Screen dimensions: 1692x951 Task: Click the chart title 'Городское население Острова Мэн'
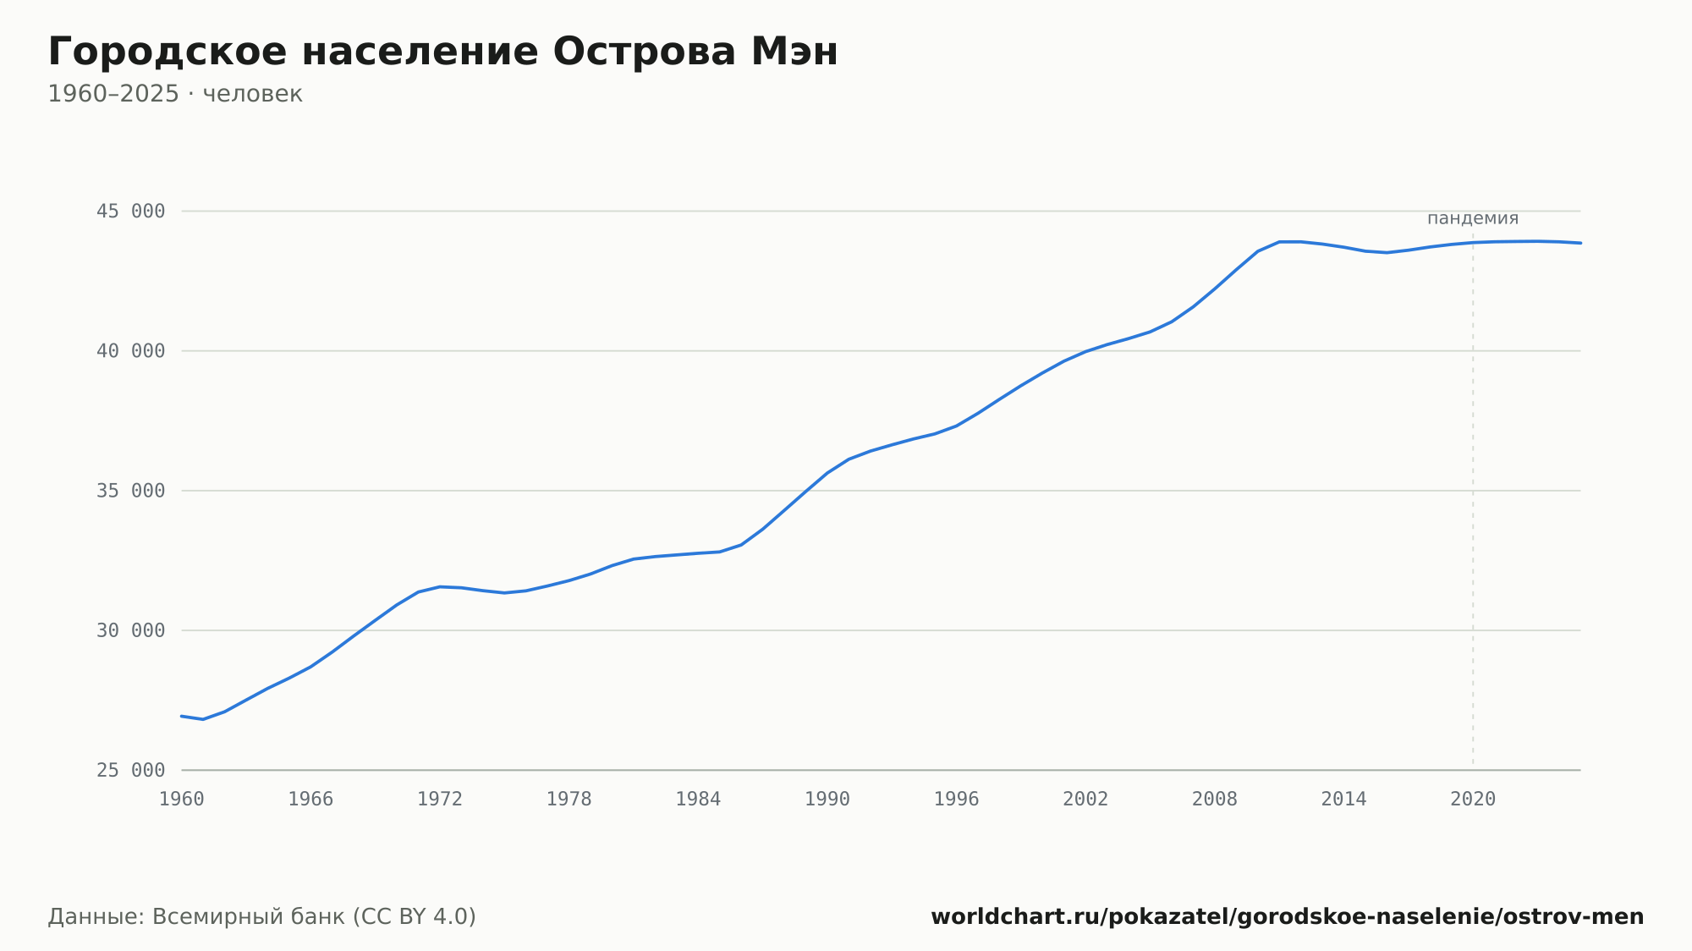click(x=442, y=52)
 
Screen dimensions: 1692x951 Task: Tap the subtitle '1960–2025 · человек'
click(x=175, y=94)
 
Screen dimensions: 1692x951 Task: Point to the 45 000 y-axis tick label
click(x=130, y=212)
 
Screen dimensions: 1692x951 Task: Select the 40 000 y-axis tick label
click(x=130, y=351)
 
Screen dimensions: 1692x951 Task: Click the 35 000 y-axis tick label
click(x=130, y=491)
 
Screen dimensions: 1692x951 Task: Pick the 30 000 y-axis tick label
click(x=130, y=630)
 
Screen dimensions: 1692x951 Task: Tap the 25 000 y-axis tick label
click(x=130, y=770)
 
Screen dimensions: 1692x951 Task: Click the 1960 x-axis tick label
click(x=182, y=800)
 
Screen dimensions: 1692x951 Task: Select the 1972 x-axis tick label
click(x=440, y=800)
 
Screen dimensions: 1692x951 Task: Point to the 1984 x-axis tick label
click(x=698, y=800)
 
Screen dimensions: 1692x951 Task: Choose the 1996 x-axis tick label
click(x=956, y=800)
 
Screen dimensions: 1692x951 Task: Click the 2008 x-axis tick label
click(x=1215, y=800)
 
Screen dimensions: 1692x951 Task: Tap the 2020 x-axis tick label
click(x=1473, y=800)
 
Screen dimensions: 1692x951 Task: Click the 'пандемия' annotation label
click(x=1473, y=218)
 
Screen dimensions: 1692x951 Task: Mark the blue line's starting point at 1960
click(x=182, y=716)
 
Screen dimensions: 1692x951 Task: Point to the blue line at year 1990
click(x=827, y=473)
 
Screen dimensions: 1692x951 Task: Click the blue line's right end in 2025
click(x=1580, y=243)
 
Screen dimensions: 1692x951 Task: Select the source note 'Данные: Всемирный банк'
click(x=197, y=916)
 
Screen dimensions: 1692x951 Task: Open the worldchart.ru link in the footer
click(x=1287, y=916)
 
